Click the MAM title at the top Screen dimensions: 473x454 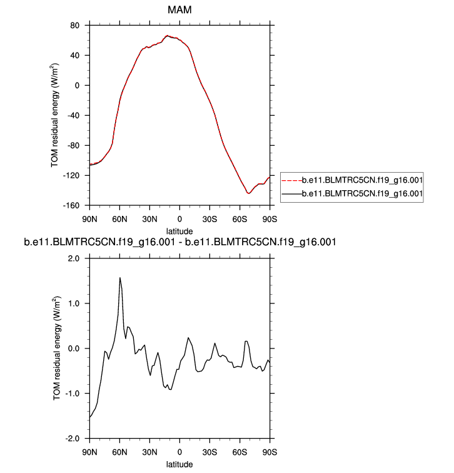coord(179,11)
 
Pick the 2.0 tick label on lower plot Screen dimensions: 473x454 coord(77,258)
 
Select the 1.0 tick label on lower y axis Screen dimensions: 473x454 coord(77,303)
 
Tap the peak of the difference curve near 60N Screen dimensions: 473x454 coord(119,278)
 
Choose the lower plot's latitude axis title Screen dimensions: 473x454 coord(179,464)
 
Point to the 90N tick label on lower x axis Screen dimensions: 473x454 coord(90,451)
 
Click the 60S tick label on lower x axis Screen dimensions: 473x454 coord(240,451)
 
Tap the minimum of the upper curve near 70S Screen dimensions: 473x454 coord(249,193)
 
